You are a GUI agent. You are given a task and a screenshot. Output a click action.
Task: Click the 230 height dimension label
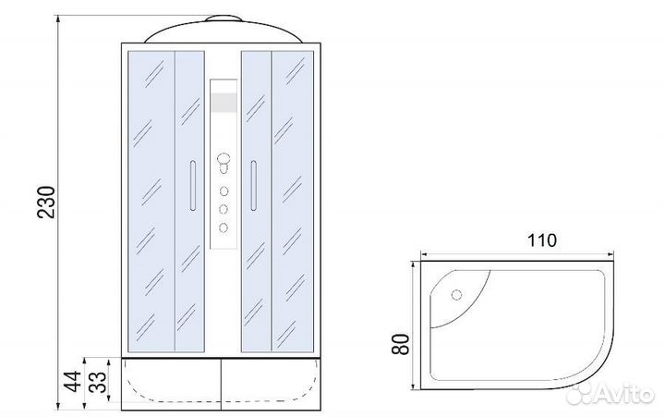[47, 202]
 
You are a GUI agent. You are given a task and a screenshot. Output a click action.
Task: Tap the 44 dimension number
[73, 381]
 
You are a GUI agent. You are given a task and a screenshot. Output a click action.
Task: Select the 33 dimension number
[98, 382]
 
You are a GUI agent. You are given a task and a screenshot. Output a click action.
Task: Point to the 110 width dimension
[541, 240]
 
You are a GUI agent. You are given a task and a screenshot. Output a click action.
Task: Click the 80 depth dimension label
[401, 344]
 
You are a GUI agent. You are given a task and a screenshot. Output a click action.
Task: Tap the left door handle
[193, 185]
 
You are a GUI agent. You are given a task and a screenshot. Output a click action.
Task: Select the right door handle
[254, 185]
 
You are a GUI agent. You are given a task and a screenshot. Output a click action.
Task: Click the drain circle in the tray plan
[456, 294]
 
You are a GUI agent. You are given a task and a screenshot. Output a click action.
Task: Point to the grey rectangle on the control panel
[224, 103]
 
